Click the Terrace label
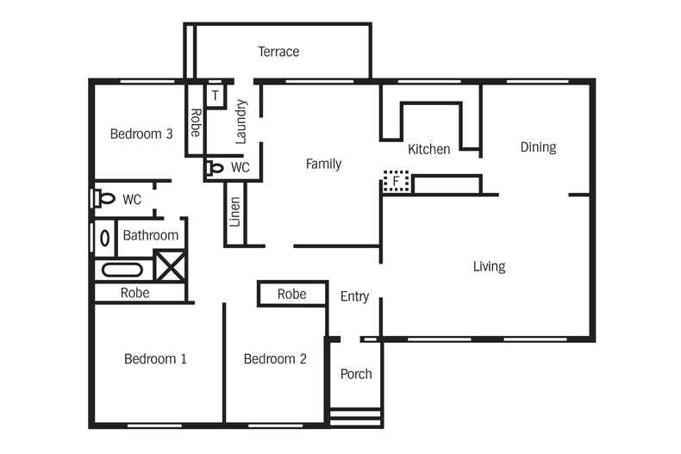coord(278,53)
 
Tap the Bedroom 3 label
coord(141,134)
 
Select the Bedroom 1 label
coord(155,359)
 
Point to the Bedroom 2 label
coord(274,359)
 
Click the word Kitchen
coord(428,150)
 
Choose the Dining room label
coord(538,147)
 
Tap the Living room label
coord(489,266)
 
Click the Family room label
coord(323,165)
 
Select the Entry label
coord(354,296)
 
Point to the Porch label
coord(356,374)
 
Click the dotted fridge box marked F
coord(397,182)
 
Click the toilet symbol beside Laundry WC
coord(216,168)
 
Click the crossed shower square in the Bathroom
coord(170,266)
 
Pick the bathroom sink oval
coord(105,237)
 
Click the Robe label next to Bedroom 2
coord(291,295)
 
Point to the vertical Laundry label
coord(241,121)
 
